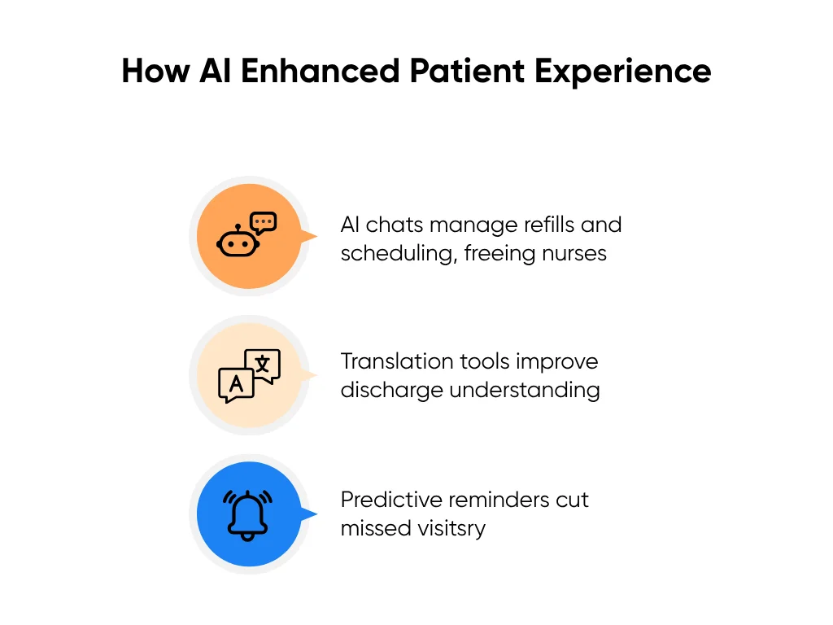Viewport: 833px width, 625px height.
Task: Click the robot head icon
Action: coord(237,244)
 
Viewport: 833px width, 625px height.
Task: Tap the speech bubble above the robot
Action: coord(264,221)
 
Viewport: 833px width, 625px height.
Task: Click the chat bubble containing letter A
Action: coord(236,384)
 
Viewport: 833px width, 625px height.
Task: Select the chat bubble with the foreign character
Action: coord(263,365)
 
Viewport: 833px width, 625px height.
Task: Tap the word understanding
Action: coord(525,391)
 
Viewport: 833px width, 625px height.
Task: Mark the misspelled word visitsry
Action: coord(448,528)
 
